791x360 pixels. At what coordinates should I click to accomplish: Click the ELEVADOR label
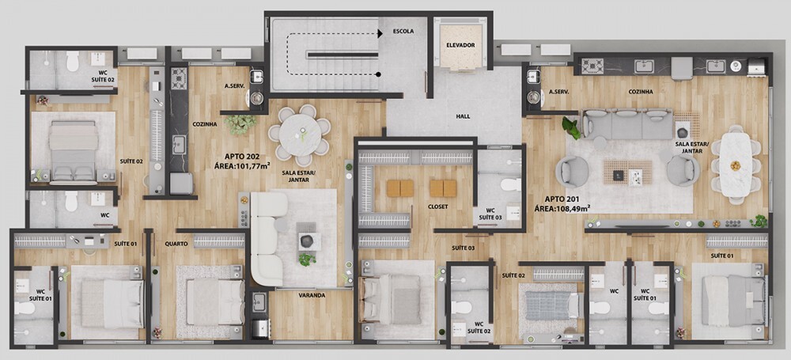coord(460,45)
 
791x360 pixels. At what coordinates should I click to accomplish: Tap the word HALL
coord(463,116)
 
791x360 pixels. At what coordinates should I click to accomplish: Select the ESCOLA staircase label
coord(403,32)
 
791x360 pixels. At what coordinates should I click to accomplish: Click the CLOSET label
coord(437,207)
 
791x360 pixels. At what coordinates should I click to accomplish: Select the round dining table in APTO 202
coord(301,134)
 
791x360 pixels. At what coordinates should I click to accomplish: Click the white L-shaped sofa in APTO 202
coord(267,237)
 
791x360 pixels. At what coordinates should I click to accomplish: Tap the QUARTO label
coord(176,244)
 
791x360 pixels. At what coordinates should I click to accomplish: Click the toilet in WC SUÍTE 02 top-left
coord(73,61)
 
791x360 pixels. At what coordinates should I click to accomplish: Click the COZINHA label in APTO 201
coord(641,92)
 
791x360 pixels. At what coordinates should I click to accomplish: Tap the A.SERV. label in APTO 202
coord(234,86)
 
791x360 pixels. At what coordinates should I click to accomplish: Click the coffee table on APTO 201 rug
coord(627,172)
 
